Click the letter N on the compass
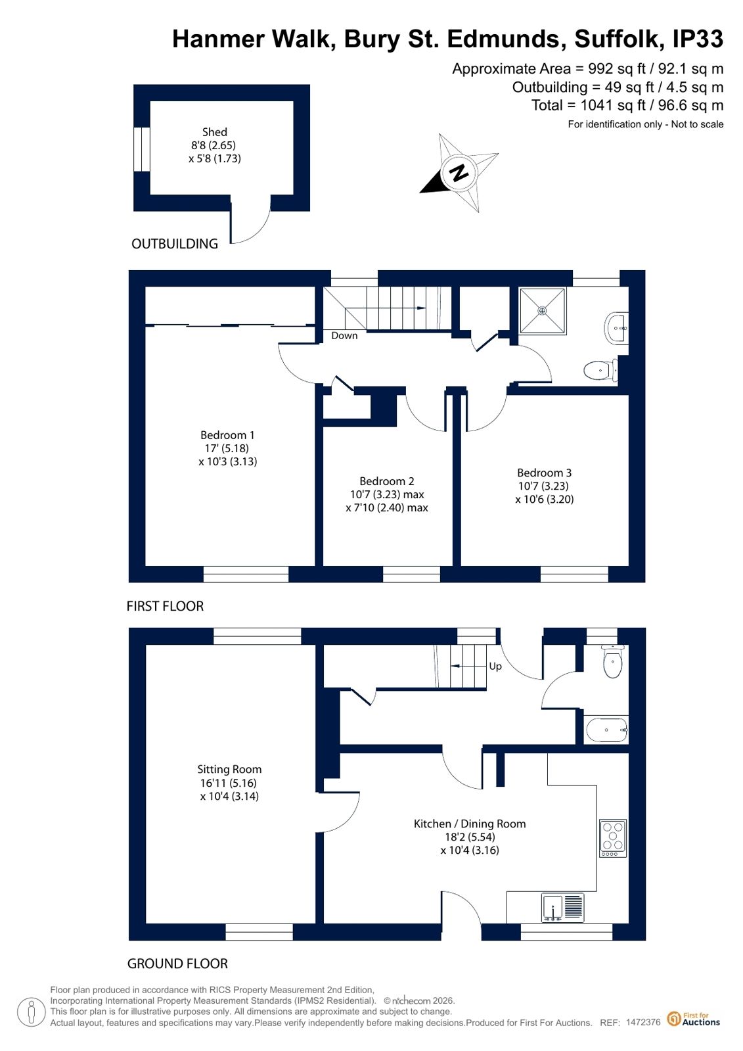459,173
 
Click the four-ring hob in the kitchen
613,839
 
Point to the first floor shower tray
542,311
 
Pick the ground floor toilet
613,662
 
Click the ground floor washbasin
606,730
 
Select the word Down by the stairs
344,335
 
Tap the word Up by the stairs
495,666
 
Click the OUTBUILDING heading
175,243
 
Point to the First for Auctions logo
694,1019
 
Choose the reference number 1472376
643,1021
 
